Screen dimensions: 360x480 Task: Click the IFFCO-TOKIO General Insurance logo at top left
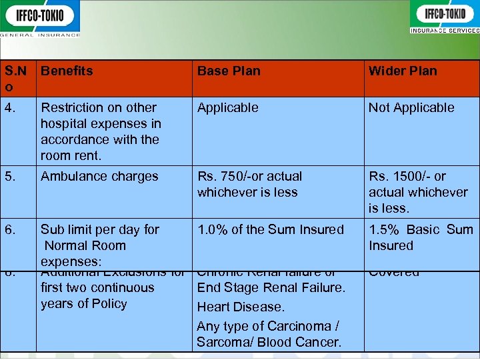coord(40,18)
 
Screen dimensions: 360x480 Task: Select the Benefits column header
coord(67,71)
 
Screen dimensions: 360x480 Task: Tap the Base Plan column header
coord(229,71)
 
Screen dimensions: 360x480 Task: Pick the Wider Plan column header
coord(403,71)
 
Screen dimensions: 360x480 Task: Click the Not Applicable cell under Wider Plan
coord(411,107)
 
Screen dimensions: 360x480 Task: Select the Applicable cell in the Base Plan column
coord(227,107)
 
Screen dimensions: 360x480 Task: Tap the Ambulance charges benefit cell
coord(99,177)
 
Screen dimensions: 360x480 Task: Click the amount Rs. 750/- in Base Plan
coord(226,177)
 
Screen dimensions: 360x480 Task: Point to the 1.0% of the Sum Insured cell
coord(271,229)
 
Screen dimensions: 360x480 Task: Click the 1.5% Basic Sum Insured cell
coord(421,237)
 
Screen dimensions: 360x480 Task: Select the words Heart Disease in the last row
coord(241,307)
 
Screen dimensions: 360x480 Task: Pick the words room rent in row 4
coord(71,155)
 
